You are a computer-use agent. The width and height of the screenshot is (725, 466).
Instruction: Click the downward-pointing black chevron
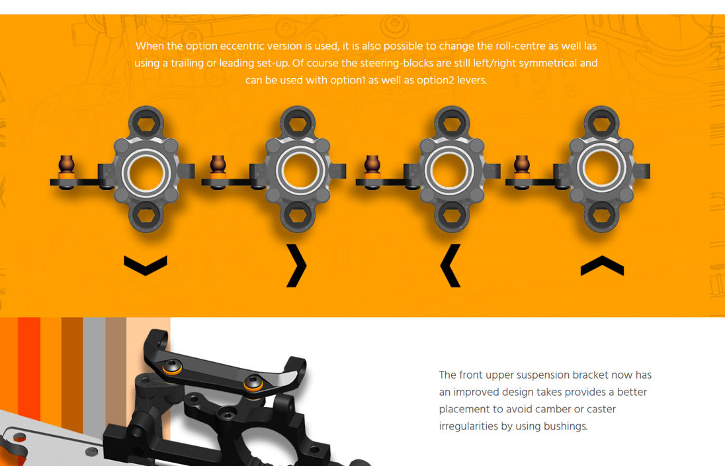click(146, 265)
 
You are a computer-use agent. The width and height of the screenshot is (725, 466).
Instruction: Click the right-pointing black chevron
click(297, 265)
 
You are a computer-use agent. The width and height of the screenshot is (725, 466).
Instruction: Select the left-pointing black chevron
click(450, 265)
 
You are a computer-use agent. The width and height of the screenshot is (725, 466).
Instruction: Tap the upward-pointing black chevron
click(602, 265)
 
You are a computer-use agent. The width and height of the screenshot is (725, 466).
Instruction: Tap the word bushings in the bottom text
click(566, 426)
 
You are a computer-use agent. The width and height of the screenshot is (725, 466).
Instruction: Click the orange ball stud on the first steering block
click(66, 167)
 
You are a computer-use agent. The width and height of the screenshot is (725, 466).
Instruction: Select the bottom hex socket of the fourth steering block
click(602, 214)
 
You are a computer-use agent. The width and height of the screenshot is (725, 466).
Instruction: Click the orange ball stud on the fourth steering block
click(522, 167)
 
